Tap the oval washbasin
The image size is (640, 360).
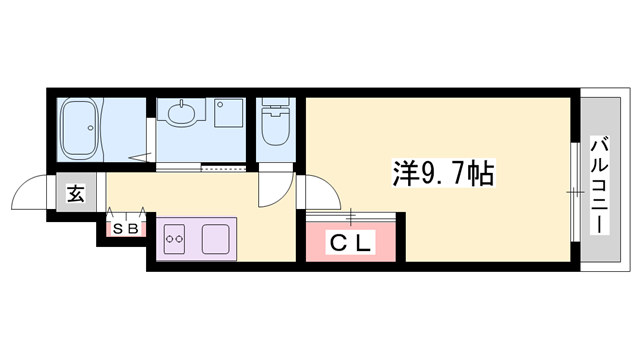(181, 113)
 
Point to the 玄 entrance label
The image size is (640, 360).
(76, 193)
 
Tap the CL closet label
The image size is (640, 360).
(351, 241)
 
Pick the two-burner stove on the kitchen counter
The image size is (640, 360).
(175, 238)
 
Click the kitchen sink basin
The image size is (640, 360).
(217, 238)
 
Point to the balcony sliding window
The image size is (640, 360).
(574, 190)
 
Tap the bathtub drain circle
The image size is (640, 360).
(97, 128)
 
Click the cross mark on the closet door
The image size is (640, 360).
(351, 213)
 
